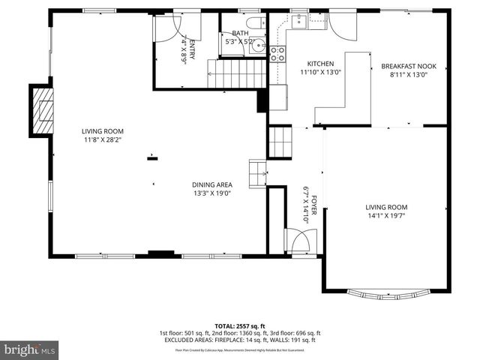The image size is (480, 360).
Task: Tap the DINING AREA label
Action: coord(211,184)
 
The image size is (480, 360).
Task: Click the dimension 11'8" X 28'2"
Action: coord(102,139)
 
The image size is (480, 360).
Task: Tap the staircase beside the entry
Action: coord(238,74)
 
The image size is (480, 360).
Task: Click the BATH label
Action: coord(239,33)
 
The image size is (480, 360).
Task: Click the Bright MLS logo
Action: coord(30,349)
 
